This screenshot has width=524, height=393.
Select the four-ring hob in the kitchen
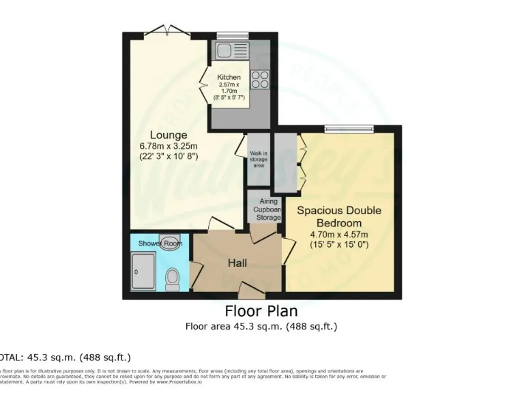click(259, 79)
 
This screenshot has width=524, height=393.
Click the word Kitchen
click(229, 77)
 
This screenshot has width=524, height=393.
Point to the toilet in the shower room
click(173, 276)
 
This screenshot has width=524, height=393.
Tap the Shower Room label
click(160, 244)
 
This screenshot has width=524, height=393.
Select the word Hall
click(237, 263)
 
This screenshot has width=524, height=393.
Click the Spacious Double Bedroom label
click(338, 217)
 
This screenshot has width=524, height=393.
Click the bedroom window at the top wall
click(349, 127)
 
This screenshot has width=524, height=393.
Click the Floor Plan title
click(261, 311)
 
